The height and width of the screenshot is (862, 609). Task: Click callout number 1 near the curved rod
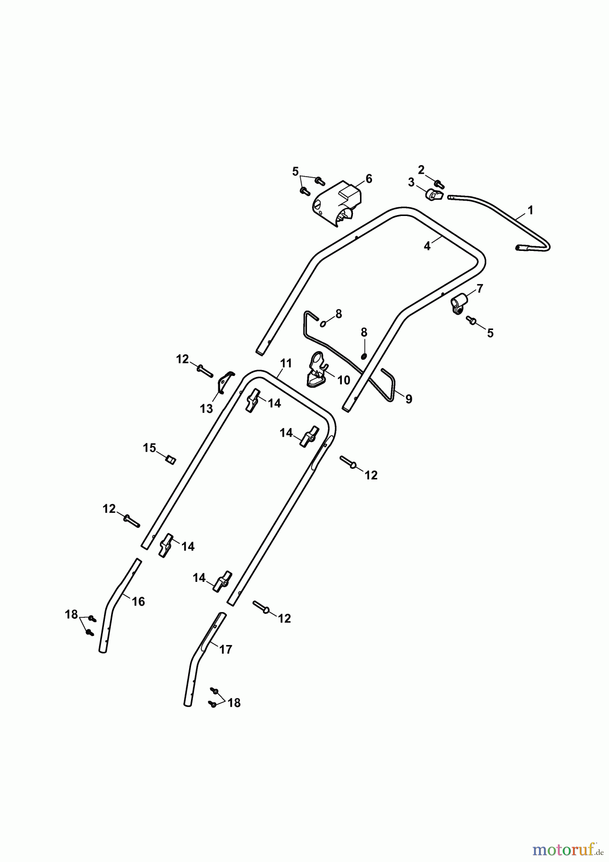pos(530,210)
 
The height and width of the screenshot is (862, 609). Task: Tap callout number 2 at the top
pos(421,170)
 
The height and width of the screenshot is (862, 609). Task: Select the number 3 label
pos(411,182)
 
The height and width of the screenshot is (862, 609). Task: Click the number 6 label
pos(369,179)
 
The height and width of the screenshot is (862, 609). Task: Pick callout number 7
pos(480,288)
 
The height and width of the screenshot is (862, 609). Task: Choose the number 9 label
pos(408,399)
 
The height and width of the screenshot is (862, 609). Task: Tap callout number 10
pos(343,380)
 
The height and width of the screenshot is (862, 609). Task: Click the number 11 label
pos(286,363)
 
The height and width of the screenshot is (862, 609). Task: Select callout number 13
pos(206,408)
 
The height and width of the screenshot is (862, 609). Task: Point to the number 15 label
pos(149,448)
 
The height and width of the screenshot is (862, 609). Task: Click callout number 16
pos(138,601)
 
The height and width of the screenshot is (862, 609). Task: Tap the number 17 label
pos(226,649)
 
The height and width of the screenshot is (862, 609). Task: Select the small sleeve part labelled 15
pos(170,460)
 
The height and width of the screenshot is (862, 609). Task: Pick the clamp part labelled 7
pos(458,304)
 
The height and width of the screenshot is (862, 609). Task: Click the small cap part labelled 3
pos(433,194)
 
